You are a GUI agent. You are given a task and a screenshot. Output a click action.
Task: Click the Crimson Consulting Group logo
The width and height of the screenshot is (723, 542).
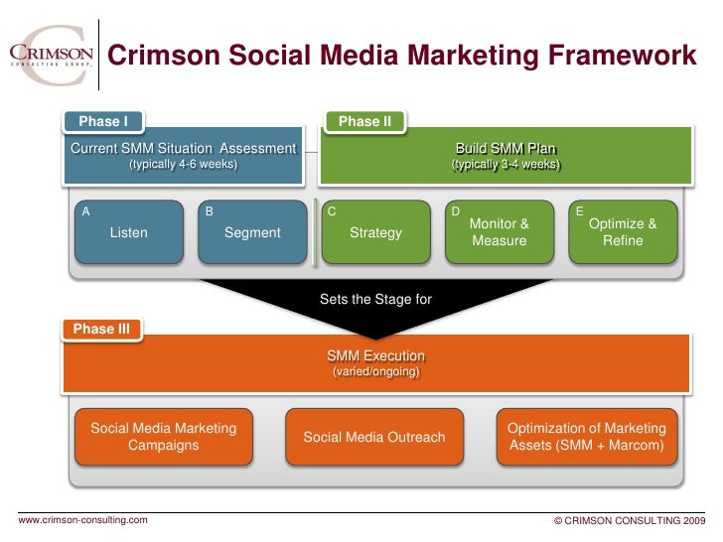coord(51,49)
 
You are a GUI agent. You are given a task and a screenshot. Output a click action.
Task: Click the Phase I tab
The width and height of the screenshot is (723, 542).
coord(103,122)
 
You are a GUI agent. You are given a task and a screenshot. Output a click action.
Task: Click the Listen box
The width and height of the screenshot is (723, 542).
coord(129,233)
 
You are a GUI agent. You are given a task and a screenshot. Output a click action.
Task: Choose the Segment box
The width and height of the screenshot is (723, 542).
coord(252,233)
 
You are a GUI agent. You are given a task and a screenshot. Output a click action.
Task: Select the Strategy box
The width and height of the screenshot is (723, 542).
coord(376,233)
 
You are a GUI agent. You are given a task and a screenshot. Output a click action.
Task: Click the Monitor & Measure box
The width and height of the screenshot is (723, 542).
coord(500,233)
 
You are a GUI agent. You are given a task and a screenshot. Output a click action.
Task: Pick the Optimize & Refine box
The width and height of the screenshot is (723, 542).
coord(623,233)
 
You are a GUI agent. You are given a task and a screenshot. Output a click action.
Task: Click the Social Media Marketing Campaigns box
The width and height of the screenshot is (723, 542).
coord(164,437)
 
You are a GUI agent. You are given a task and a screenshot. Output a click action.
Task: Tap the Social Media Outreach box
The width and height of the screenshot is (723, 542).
coord(374,437)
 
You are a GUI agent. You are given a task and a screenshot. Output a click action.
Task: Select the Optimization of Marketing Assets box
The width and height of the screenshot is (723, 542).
coord(586,437)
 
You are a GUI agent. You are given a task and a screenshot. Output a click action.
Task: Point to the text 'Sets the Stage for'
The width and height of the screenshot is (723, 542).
coord(375,299)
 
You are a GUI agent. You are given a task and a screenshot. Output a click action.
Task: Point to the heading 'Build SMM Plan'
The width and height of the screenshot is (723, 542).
coord(506,149)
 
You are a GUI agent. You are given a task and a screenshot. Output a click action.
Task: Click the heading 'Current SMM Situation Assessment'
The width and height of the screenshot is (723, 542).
coord(183,149)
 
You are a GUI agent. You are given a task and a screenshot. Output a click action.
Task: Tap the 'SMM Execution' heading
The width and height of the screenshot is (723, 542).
coord(375,355)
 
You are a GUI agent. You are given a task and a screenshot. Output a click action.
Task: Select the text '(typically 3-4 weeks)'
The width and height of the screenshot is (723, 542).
coord(506,165)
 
